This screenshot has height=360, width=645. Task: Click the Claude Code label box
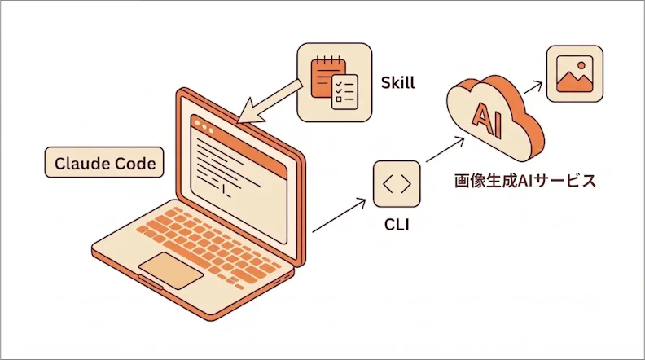pyautogui.click(x=104, y=163)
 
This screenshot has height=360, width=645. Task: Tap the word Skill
pyautogui.click(x=397, y=83)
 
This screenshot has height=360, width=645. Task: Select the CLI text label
pyautogui.click(x=397, y=225)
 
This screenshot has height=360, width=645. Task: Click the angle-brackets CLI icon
pyautogui.click(x=397, y=184)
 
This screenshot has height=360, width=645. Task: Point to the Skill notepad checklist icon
pyautogui.click(x=334, y=82)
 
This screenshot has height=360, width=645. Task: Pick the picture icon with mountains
pyautogui.click(x=575, y=73)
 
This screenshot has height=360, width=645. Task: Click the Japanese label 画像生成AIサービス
pyautogui.click(x=525, y=181)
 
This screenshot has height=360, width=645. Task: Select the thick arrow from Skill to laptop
pyautogui.click(x=270, y=101)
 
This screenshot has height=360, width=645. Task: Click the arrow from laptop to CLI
pyautogui.click(x=339, y=216)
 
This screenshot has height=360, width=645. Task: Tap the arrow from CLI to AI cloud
pyautogui.click(x=445, y=150)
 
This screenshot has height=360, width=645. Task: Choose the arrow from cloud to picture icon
pyautogui.click(x=533, y=87)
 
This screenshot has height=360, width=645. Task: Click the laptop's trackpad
pyautogui.click(x=171, y=270)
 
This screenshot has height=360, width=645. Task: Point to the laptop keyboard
pyautogui.click(x=208, y=244)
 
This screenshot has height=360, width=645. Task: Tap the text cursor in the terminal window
pyautogui.click(x=226, y=192)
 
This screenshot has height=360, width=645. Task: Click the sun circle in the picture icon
pyautogui.click(x=581, y=65)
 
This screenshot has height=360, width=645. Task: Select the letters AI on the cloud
pyautogui.click(x=488, y=120)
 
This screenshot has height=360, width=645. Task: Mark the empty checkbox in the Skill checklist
pyautogui.click(x=339, y=99)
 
